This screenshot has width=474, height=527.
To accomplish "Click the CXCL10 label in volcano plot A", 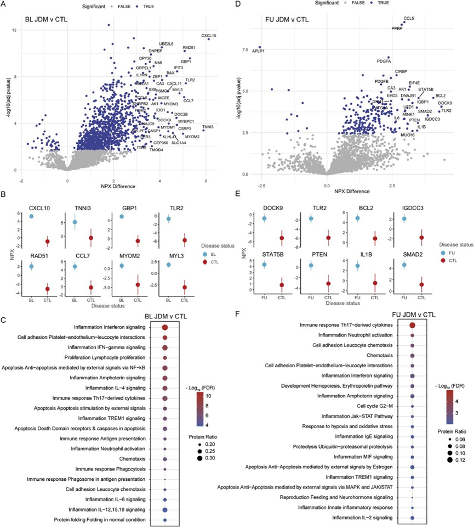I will pos(209,36).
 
